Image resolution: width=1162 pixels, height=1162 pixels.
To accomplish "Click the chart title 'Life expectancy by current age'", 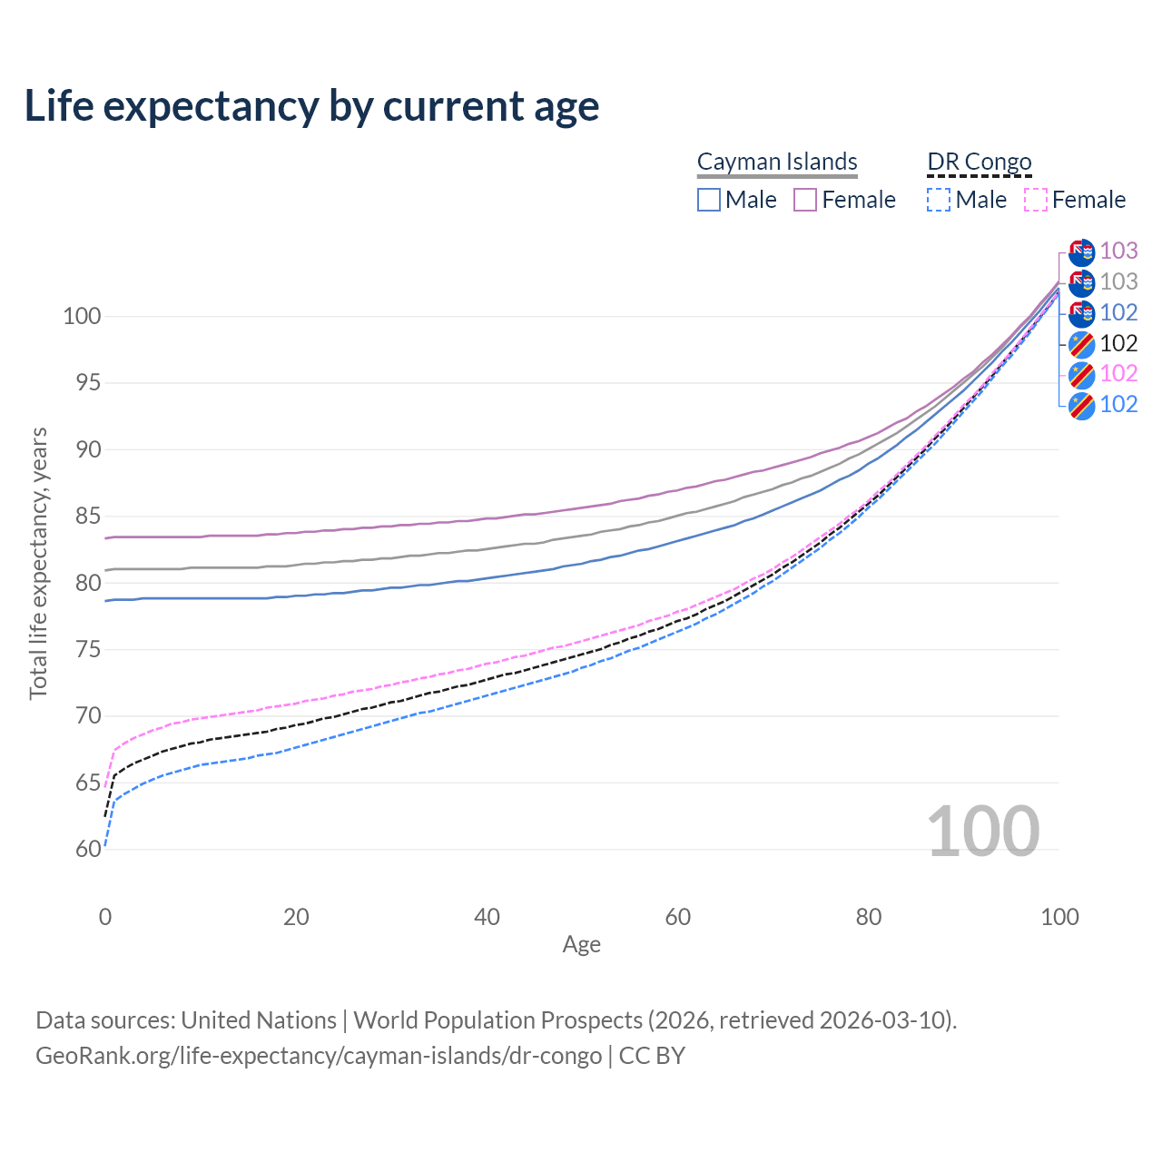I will (x=311, y=106).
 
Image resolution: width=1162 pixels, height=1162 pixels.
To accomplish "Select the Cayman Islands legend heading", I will (x=777, y=162).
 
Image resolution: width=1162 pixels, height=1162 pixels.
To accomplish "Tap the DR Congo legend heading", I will (x=980, y=162).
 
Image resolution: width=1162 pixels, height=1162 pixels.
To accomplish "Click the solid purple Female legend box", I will (x=805, y=200).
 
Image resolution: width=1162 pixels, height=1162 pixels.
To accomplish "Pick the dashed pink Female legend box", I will (x=1036, y=200).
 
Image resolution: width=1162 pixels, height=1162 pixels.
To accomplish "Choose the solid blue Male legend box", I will (x=709, y=200).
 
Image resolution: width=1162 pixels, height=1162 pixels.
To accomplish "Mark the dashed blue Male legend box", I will (x=939, y=200).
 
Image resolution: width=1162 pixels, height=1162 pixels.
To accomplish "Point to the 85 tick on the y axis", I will (x=88, y=517).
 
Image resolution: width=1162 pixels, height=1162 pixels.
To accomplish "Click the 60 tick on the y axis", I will (x=88, y=850).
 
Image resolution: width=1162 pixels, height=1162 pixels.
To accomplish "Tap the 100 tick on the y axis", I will (x=82, y=317).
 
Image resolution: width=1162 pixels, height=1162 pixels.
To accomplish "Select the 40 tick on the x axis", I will (x=487, y=917).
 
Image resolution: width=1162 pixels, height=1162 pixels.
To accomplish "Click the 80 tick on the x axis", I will (x=869, y=917).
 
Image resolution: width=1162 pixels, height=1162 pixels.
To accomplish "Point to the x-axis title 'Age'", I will (x=581, y=945).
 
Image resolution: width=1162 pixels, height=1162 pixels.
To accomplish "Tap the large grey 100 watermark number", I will (x=983, y=832).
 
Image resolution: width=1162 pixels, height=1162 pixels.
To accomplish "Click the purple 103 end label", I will (x=1118, y=251).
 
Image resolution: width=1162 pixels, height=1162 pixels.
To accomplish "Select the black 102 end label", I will (x=1118, y=343).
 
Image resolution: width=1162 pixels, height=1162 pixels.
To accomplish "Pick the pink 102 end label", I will (x=1118, y=373).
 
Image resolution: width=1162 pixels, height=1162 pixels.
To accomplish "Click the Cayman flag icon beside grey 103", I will (x=1081, y=282).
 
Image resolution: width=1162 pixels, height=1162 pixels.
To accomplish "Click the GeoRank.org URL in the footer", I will (x=319, y=1056).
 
